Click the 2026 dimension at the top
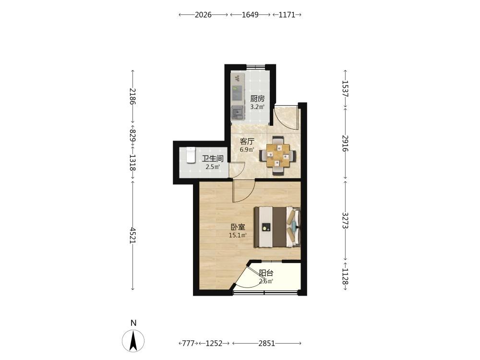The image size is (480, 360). point(203,14)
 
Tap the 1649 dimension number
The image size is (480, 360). point(250,14)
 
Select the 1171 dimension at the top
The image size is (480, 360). point(287,14)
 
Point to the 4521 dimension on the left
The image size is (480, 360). point(132,235)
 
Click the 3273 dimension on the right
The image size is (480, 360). point(345,220)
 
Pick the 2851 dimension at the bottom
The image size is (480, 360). point(266,343)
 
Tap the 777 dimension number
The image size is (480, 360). point(188,343)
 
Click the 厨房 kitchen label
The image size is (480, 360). point(257,98)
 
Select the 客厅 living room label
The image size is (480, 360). point(247,141)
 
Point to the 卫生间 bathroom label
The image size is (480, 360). point(213,158)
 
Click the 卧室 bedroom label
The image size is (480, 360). point(238,227)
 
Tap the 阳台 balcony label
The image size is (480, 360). point(266,273)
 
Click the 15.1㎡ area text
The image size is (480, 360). point(238,235)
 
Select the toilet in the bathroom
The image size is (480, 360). point(191,155)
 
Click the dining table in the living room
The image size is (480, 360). point(278,155)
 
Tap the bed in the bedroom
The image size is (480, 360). point(277,227)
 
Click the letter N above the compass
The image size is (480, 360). point(133,323)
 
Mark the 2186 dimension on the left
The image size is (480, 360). point(132,96)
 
